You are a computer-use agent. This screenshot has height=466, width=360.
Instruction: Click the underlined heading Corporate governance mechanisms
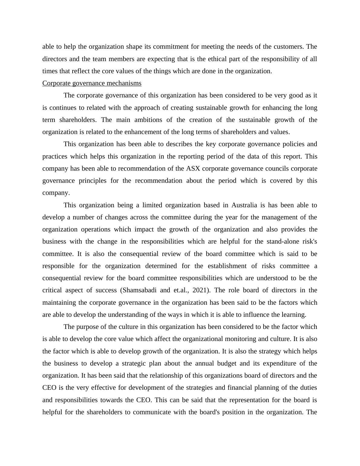coord(92,83)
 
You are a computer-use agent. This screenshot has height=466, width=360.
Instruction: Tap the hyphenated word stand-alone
coord(283,241)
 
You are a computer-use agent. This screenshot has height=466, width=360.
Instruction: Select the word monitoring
coord(242,339)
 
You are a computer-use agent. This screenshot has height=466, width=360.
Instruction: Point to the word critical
coord(52,290)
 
